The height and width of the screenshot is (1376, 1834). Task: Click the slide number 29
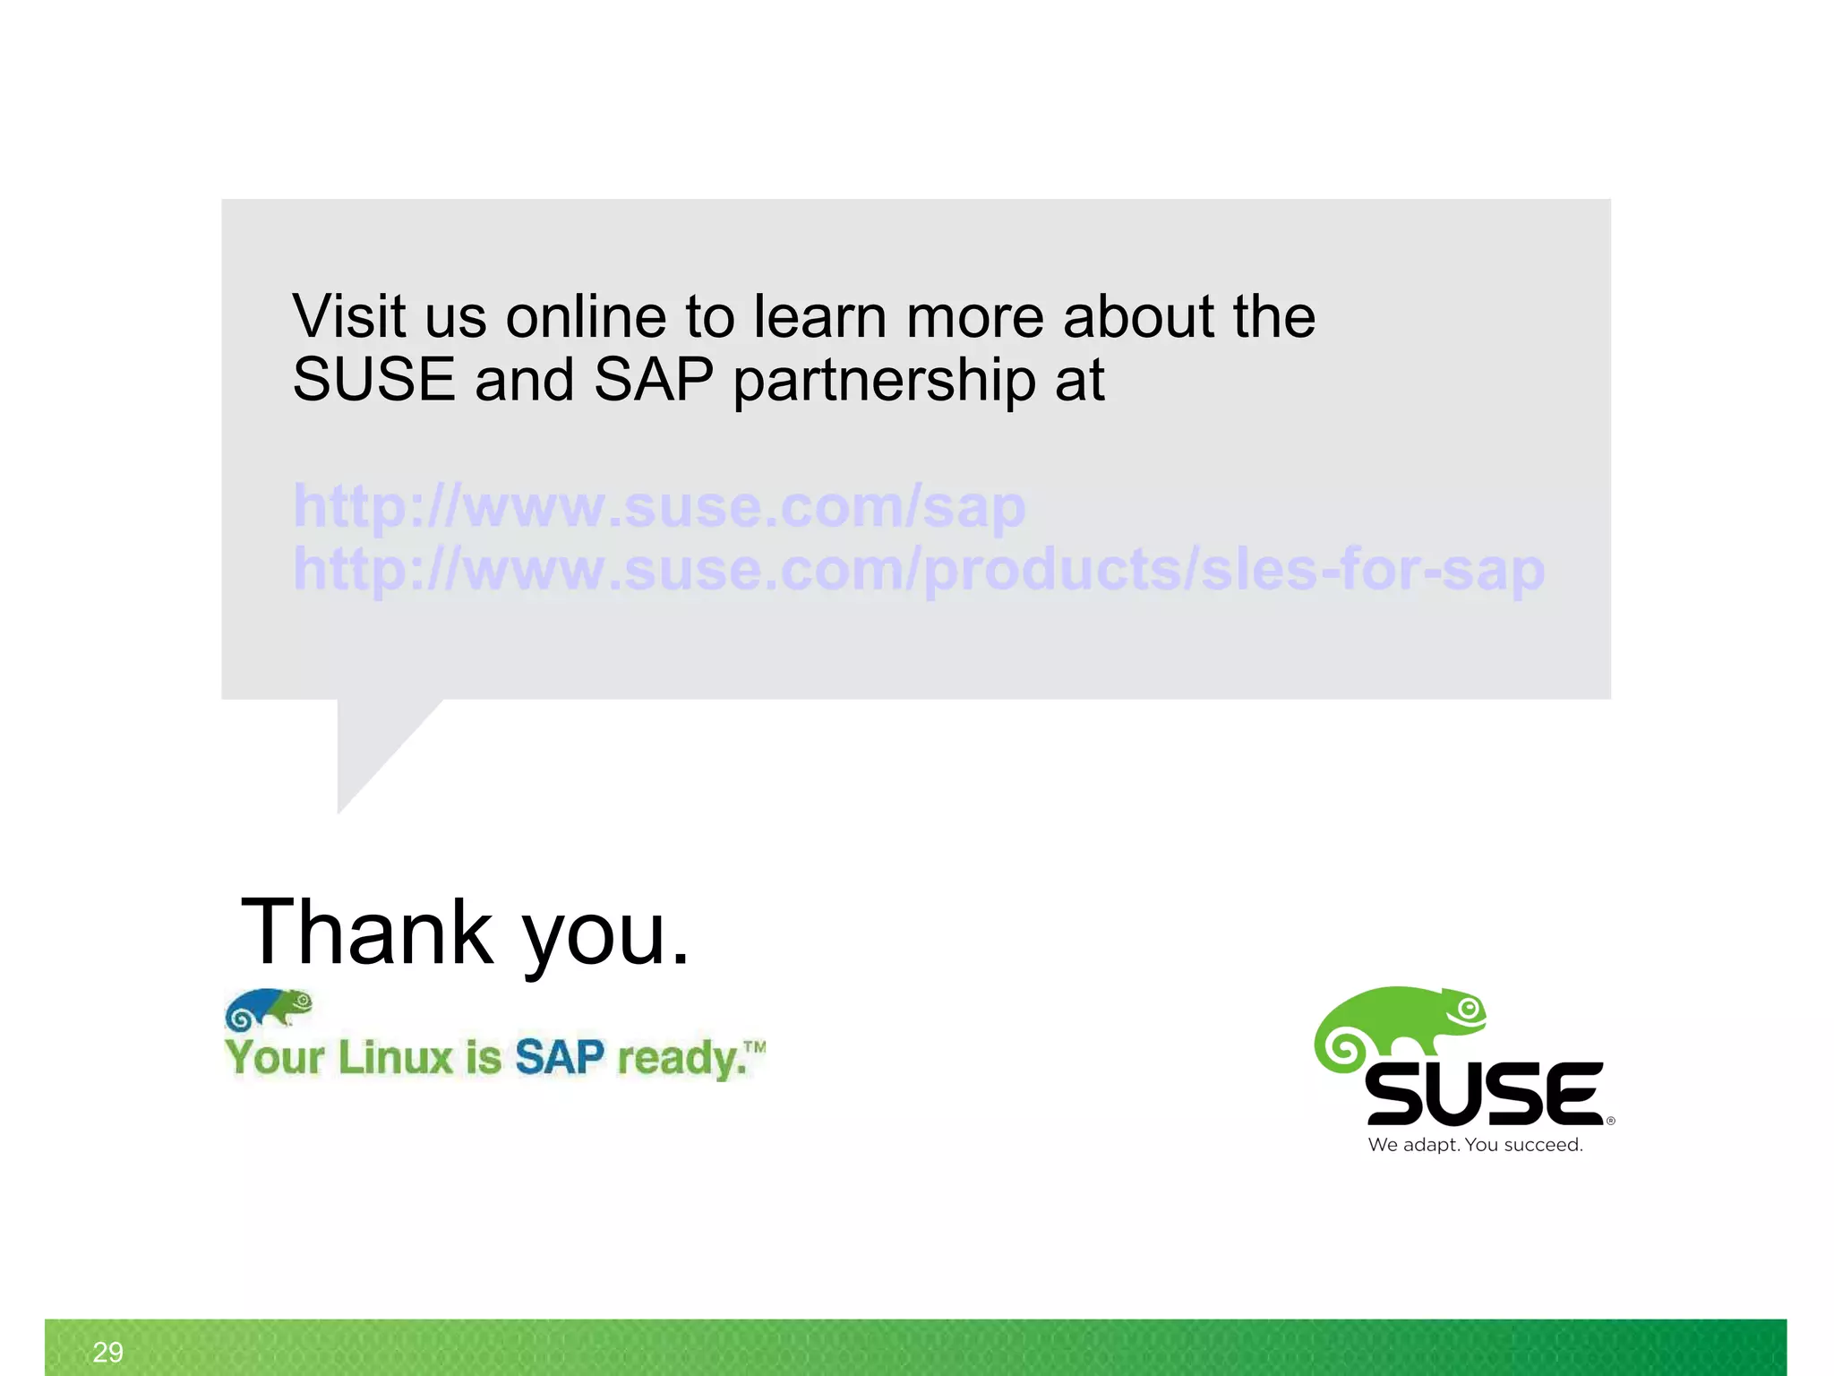(x=107, y=1352)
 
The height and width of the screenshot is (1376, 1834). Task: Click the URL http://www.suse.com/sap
(x=659, y=507)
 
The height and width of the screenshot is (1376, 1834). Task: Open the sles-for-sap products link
(x=919, y=570)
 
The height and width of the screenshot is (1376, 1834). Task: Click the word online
(x=586, y=317)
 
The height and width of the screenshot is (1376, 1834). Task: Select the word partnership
(x=884, y=382)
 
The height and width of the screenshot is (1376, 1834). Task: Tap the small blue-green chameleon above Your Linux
(x=269, y=1009)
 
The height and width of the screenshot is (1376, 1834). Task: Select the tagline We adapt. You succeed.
(x=1475, y=1145)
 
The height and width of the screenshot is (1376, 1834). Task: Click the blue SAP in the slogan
(x=560, y=1057)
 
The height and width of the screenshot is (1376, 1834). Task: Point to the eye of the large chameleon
(x=1468, y=1010)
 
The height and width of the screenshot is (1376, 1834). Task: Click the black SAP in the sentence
(x=653, y=380)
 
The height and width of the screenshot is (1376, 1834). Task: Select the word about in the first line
(x=1138, y=317)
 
